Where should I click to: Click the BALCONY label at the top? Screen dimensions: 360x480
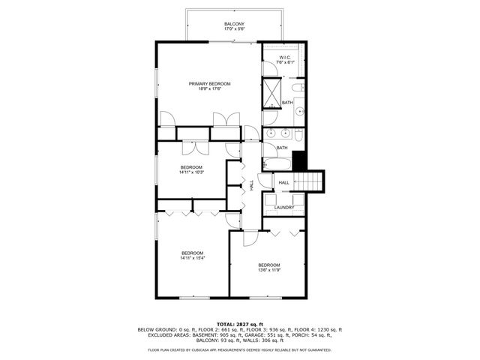click(234, 25)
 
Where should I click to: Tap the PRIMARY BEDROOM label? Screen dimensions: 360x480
click(209, 83)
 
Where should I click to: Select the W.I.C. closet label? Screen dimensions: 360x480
click(285, 57)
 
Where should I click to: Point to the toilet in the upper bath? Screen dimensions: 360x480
click(297, 88)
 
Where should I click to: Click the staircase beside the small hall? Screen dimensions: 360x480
click(310, 181)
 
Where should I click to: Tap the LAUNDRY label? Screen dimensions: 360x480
click(284, 208)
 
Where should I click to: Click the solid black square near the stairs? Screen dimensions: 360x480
click(300, 160)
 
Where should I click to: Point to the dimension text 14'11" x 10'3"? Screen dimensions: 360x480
click(191, 172)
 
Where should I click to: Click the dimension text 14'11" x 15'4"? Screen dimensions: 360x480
click(192, 259)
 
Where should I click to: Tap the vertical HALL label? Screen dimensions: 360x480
click(251, 183)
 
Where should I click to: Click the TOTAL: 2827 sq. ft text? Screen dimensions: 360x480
click(239, 323)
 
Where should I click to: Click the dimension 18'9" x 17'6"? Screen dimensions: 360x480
click(209, 88)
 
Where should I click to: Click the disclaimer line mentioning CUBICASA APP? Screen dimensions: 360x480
click(239, 349)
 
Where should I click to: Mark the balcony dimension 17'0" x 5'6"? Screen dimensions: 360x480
click(234, 30)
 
